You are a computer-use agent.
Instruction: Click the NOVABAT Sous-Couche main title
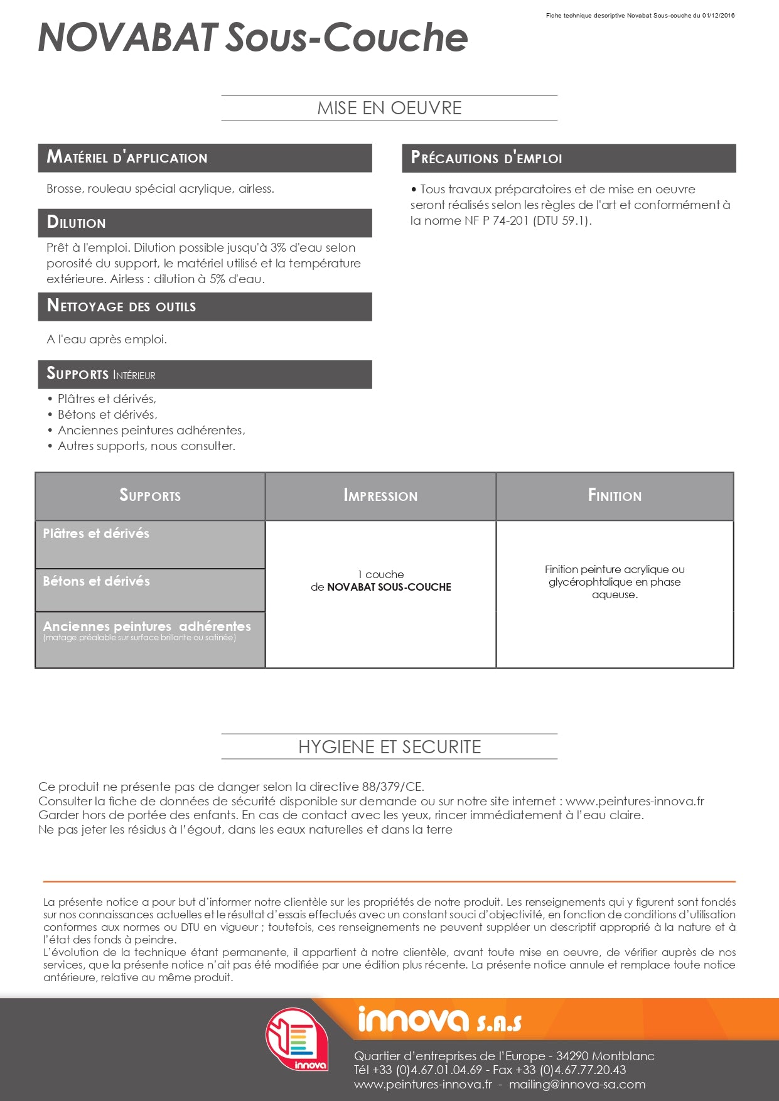point(253,38)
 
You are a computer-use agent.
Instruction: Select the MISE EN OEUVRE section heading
point(389,108)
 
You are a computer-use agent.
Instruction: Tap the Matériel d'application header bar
point(205,158)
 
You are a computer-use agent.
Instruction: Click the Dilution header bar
point(205,223)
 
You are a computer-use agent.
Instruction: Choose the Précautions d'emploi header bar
point(569,158)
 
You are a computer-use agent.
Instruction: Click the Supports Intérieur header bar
point(205,374)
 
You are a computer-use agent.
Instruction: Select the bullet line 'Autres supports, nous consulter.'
point(146,446)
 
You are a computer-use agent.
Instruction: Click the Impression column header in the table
point(380,496)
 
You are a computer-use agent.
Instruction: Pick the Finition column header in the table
point(615,496)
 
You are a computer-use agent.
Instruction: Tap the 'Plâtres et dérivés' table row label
point(96,534)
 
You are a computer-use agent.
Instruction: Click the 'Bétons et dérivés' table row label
point(96,581)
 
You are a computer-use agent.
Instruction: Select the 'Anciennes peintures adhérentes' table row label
point(147,626)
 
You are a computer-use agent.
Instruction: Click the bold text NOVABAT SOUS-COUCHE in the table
point(389,588)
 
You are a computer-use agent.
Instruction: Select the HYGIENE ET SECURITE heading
point(389,747)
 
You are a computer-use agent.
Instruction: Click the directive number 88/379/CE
point(392,787)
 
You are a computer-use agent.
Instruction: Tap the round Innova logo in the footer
point(297,1039)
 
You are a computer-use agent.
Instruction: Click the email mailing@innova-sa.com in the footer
point(577,1085)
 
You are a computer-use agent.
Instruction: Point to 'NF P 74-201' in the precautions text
point(497,221)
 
